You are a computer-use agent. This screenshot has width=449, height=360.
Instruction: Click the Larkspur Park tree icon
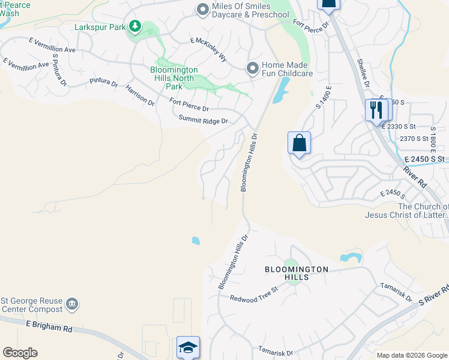136,26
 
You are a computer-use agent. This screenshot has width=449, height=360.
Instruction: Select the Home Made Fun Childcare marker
253,68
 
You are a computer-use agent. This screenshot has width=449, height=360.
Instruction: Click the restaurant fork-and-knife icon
376,110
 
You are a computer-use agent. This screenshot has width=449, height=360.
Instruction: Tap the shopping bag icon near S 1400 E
299,143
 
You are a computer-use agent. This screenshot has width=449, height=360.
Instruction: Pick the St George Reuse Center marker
72,304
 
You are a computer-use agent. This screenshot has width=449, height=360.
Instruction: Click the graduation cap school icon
188,347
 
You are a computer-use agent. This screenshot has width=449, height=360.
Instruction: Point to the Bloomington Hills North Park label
173,78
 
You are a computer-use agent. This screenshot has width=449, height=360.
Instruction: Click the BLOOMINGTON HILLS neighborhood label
297,274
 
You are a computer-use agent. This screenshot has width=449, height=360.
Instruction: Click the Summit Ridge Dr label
203,121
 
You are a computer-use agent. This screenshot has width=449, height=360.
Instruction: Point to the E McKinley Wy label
208,50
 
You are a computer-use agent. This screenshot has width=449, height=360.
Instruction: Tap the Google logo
20,353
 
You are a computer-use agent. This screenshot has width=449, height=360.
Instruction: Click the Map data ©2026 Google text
411,355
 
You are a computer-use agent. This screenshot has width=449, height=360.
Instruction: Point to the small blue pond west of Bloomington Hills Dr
196,241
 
